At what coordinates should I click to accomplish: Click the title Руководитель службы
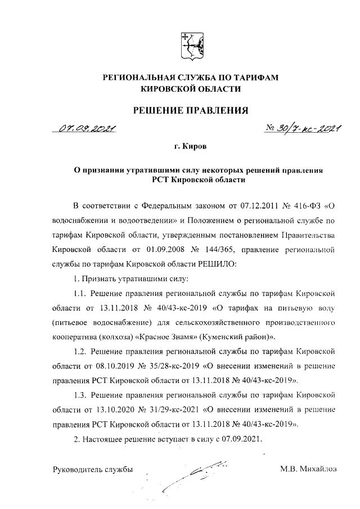(93, 469)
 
